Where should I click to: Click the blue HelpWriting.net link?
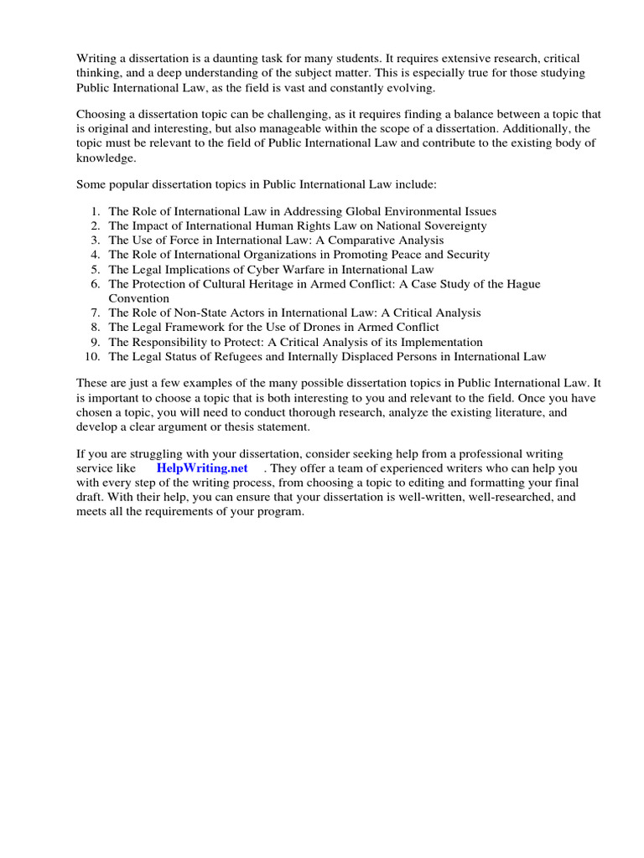[x=202, y=468]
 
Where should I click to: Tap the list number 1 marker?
[x=96, y=211]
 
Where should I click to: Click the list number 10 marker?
[x=93, y=356]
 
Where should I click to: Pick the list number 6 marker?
[x=96, y=284]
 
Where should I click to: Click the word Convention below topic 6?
[x=138, y=298]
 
